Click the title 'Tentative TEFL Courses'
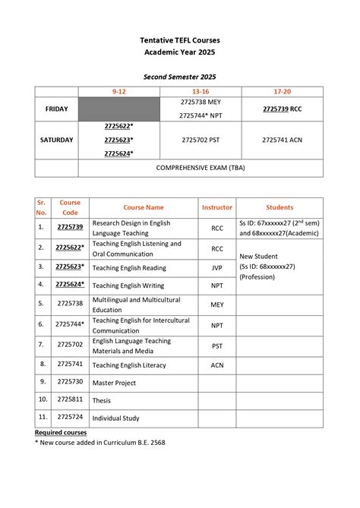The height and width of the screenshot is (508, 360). pos(180,39)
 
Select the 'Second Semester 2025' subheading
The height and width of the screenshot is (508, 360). pos(180,77)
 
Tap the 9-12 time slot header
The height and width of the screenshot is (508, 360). pos(119,91)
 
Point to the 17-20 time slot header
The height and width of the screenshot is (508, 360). pos(282,91)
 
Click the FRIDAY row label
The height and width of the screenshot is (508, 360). pos(57,109)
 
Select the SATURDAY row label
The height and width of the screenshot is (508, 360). pos(57,140)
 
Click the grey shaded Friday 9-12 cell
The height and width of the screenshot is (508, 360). pos(119,109)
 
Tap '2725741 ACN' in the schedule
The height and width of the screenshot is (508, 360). pos(282,140)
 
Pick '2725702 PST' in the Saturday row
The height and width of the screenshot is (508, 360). pos(201,140)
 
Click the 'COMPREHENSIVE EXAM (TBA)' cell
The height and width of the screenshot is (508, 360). pos(201,168)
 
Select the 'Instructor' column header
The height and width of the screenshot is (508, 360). pos(217,207)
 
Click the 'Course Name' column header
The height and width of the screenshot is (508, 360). pos(144,207)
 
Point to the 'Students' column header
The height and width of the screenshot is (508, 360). pos(279,207)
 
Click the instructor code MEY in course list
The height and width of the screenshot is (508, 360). pos(217,304)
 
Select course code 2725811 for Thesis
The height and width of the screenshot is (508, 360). pos(70,399)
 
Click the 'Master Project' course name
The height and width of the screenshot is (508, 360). pos(114,383)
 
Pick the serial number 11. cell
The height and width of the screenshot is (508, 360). pos(43,417)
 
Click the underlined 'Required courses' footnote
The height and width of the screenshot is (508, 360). pos(61,432)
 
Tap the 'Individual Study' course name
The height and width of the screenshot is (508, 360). pos(116,418)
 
